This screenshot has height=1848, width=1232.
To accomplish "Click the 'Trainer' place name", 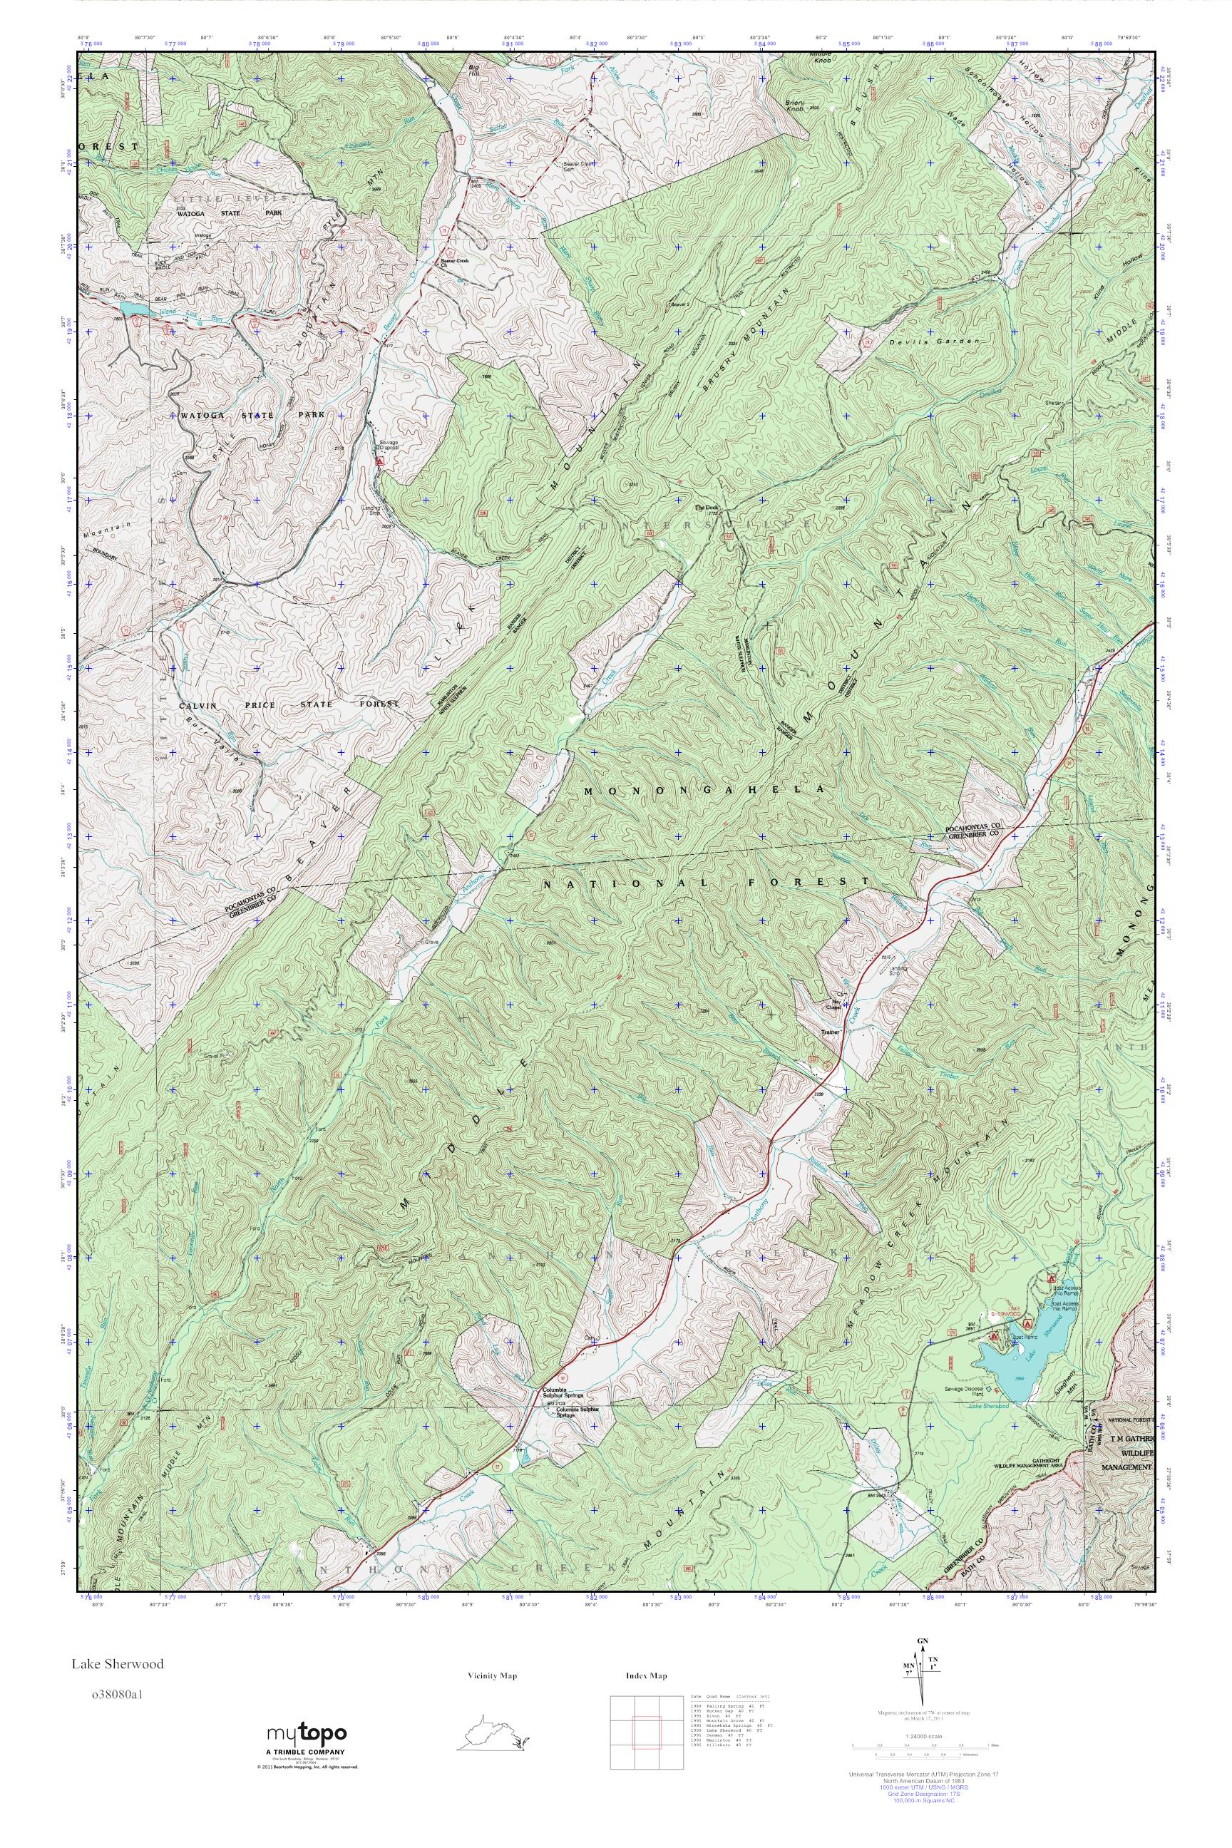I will click(831, 1032).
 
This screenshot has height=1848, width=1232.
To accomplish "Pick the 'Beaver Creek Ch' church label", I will click(453, 263).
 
